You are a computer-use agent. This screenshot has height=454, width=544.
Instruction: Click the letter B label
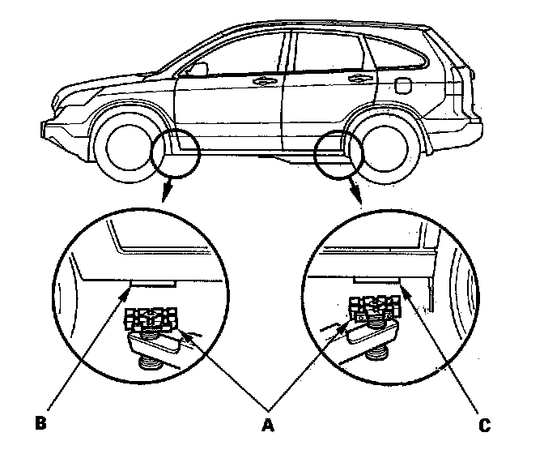pyautogui.click(x=41, y=422)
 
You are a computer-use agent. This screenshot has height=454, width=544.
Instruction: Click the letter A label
pyautogui.click(x=267, y=425)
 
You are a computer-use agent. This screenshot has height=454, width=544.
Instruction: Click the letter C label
pyautogui.click(x=485, y=425)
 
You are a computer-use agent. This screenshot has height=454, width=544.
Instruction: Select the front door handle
pyautogui.click(x=266, y=82)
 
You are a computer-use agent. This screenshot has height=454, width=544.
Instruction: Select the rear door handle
pyautogui.click(x=359, y=78)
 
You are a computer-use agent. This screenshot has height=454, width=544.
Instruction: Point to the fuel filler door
pyautogui.click(x=403, y=85)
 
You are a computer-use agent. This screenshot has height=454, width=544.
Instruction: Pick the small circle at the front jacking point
pyautogui.click(x=175, y=153)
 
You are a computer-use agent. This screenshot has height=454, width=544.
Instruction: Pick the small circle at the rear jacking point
pyautogui.click(x=338, y=155)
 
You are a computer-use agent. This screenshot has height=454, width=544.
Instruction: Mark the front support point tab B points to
pyautogui.click(x=153, y=285)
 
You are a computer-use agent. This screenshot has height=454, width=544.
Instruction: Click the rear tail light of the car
pyautogui.click(x=459, y=83)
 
